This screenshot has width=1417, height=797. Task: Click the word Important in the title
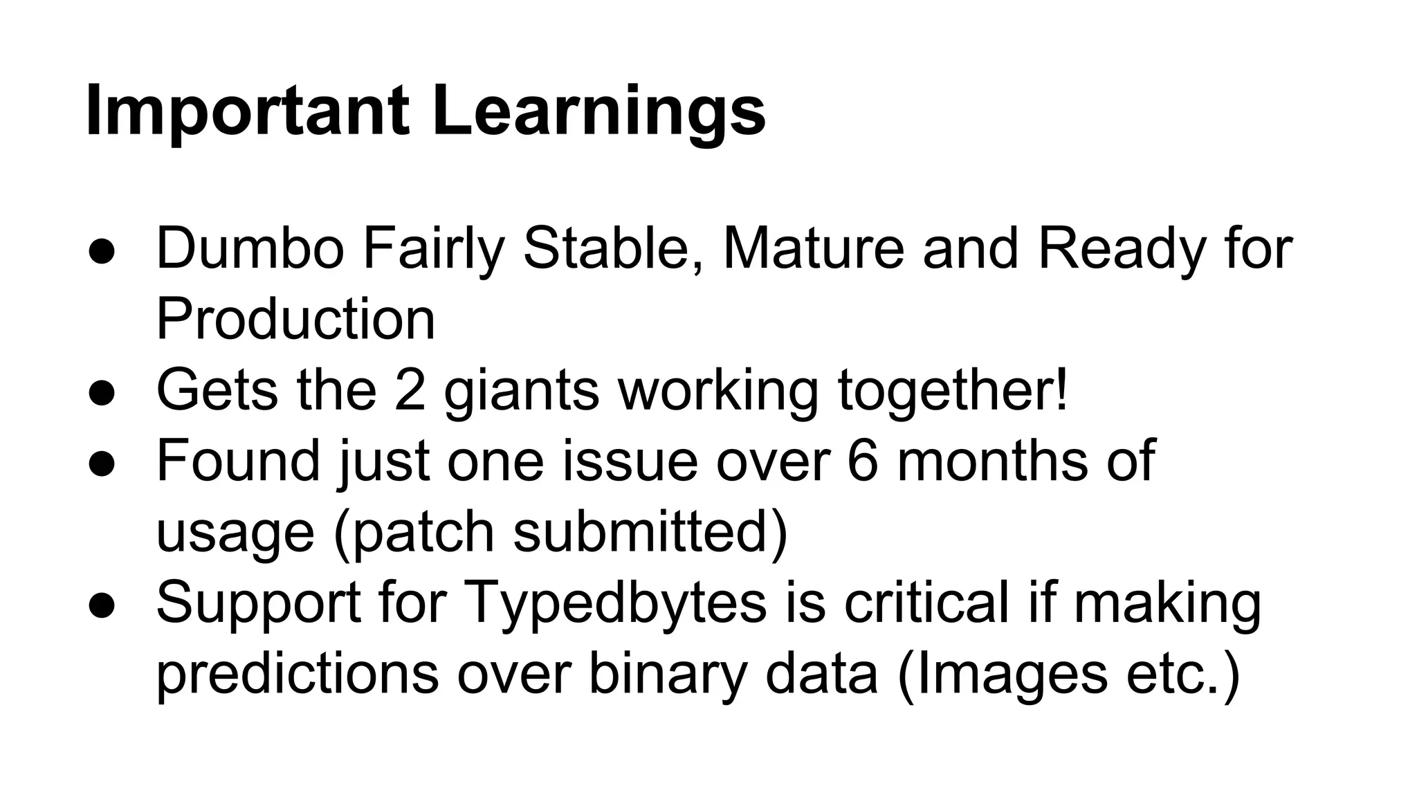point(246,111)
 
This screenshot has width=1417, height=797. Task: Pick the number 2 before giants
point(410,390)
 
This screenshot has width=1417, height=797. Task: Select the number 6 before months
point(862,461)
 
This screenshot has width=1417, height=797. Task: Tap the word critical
point(927,602)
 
